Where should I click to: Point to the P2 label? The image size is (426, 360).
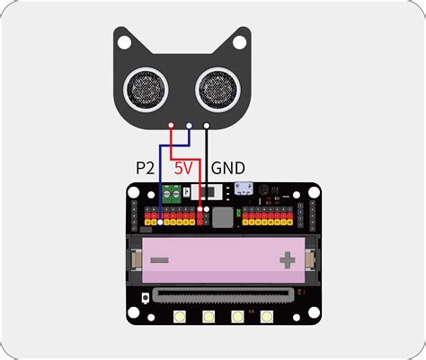(x=145, y=168)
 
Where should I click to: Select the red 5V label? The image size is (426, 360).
(x=183, y=168)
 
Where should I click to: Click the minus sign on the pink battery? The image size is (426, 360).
(x=159, y=260)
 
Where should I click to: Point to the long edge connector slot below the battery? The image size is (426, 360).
(x=222, y=294)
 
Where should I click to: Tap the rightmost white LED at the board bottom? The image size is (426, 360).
(x=266, y=317)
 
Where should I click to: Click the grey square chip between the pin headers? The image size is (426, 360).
(x=222, y=216)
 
